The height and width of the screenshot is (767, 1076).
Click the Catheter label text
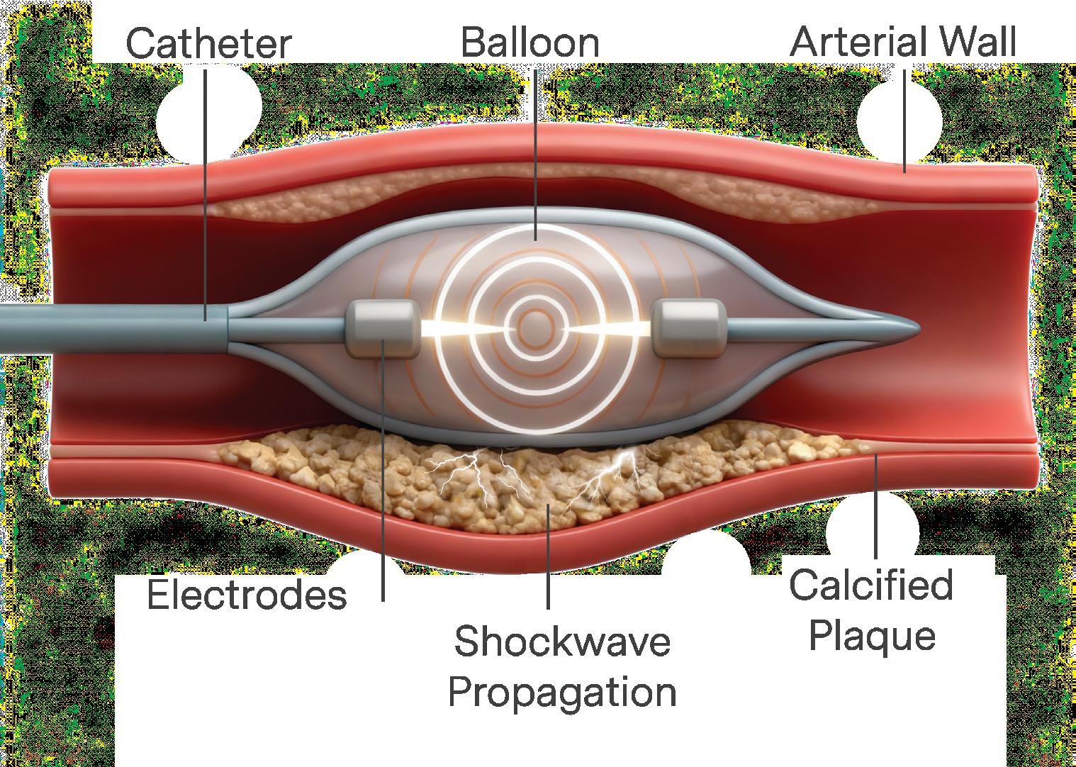coord(208,44)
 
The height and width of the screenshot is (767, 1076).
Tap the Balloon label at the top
coord(529,43)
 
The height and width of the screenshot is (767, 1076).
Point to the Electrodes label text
coord(247,595)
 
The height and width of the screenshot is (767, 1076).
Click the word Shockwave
coord(562,642)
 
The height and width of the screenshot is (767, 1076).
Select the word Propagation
coord(562,692)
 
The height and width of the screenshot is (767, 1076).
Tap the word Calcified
coord(871,586)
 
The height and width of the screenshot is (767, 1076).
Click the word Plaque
coord(871,635)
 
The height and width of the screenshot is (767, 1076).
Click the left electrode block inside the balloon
coord(380,327)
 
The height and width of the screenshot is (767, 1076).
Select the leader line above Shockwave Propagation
coord(549,560)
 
